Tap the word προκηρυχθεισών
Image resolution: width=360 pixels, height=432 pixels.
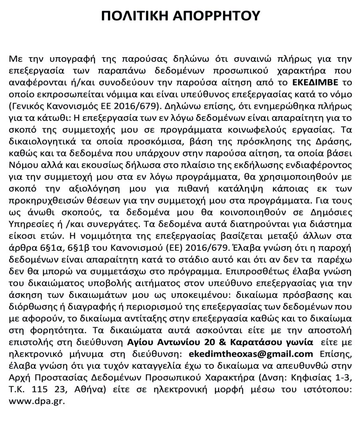coord(38,229)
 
